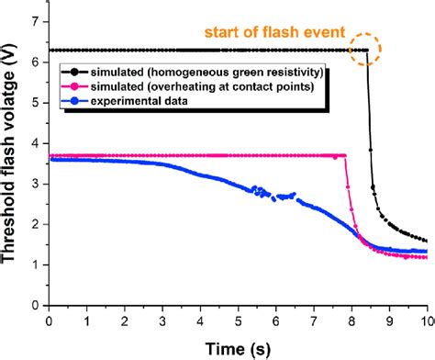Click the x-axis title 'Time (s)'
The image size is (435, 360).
[236, 347]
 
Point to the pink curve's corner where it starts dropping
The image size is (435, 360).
[345, 156]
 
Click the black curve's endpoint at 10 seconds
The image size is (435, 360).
[427, 241]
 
